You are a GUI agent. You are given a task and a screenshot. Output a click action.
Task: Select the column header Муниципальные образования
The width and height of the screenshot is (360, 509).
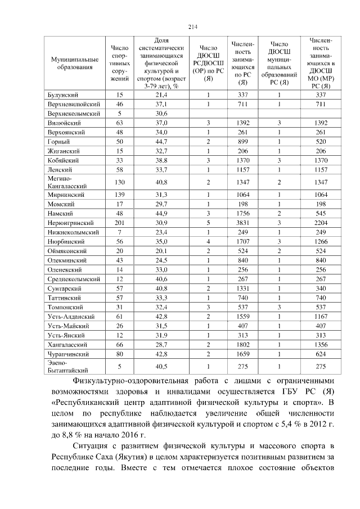(71, 63)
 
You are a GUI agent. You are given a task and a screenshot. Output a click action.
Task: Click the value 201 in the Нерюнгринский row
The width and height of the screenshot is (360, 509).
(119, 223)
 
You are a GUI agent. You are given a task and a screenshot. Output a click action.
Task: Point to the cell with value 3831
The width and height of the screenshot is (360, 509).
(243, 223)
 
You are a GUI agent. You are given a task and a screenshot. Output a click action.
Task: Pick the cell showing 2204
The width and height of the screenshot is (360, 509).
(321, 223)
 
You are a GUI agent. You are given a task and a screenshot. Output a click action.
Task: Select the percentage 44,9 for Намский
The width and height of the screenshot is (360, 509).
(161, 214)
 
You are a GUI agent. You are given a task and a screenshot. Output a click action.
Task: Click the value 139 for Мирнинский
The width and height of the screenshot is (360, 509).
(119, 195)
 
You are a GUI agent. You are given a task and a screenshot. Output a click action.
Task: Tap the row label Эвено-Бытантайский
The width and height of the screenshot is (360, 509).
(66, 367)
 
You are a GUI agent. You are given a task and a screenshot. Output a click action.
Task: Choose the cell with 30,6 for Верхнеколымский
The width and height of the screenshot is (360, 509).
(161, 114)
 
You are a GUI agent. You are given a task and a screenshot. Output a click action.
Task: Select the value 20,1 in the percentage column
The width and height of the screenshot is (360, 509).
(161, 251)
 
